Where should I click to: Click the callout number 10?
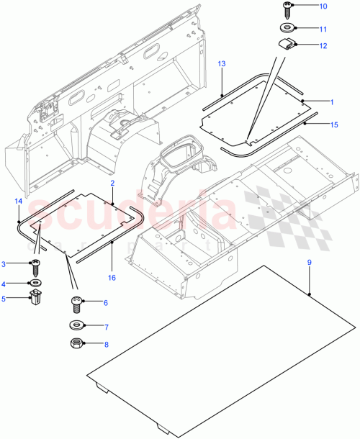point(323,6)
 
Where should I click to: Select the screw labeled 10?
point(287,9)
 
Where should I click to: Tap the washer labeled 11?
point(287,29)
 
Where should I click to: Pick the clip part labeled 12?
point(287,45)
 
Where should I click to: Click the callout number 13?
point(222,65)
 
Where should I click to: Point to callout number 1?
point(332,103)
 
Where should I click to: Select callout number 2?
point(113,184)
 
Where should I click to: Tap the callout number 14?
point(18,202)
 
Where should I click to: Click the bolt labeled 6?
point(76,303)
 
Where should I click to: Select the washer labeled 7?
point(76,326)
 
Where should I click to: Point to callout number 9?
point(309,263)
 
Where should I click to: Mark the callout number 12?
point(323,45)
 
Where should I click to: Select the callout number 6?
point(105,303)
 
